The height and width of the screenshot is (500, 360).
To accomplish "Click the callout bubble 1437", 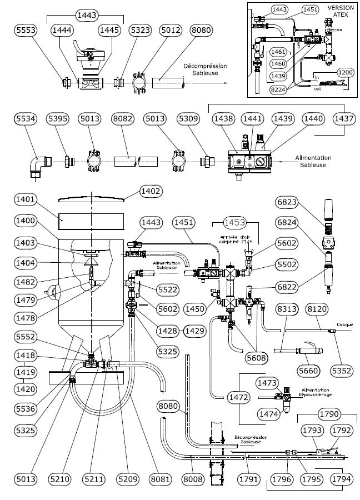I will [343, 119].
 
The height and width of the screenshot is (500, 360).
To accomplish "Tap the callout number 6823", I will [288, 203].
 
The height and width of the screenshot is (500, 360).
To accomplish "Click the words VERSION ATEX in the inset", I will [337, 11].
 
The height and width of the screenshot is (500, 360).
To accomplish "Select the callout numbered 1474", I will [268, 413].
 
